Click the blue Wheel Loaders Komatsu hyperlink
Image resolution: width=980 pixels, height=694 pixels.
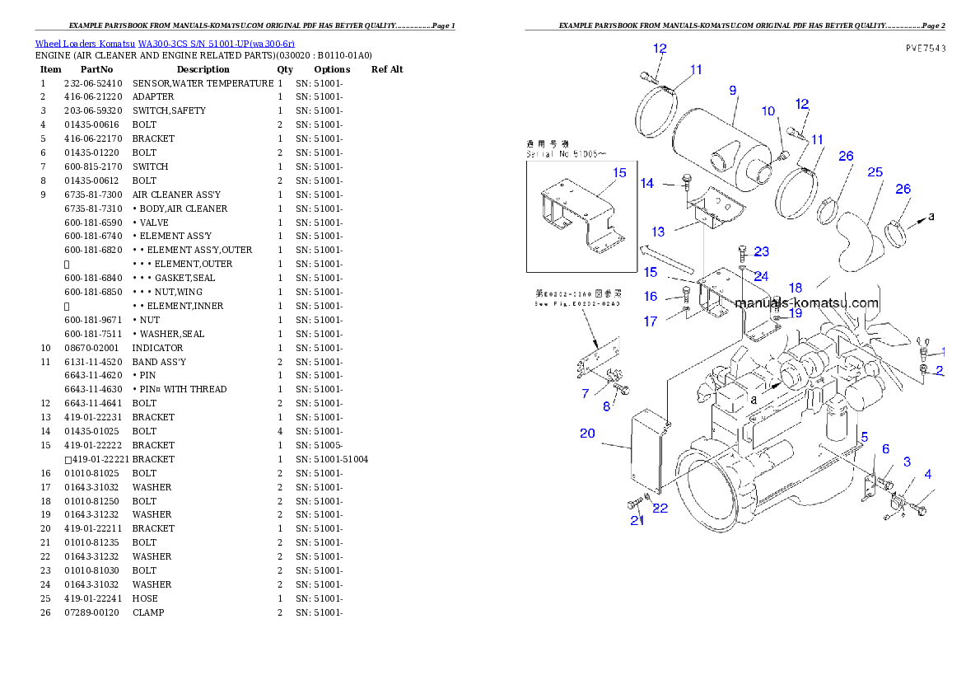pyautogui.click(x=165, y=44)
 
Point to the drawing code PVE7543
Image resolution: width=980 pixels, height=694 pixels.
pyautogui.click(x=925, y=49)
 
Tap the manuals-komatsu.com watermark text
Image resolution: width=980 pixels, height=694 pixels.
pyautogui.click(x=806, y=303)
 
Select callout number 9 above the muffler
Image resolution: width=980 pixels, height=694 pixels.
pyautogui.click(x=732, y=90)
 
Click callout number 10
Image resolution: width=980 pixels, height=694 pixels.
pyautogui.click(x=768, y=111)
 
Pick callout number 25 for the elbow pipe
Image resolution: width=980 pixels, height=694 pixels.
pyautogui.click(x=875, y=172)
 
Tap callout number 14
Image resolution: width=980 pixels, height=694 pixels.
pyautogui.click(x=647, y=183)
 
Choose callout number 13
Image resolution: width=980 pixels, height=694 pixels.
pyautogui.click(x=658, y=232)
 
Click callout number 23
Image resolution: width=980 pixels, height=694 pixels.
pyautogui.click(x=761, y=251)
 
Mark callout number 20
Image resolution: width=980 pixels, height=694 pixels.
pyautogui.click(x=587, y=434)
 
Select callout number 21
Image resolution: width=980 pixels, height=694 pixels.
pyautogui.click(x=637, y=520)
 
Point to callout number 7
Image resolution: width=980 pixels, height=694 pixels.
pyautogui.click(x=585, y=394)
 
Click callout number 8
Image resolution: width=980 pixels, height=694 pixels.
pyautogui.click(x=606, y=406)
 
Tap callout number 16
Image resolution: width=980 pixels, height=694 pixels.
pyautogui.click(x=651, y=297)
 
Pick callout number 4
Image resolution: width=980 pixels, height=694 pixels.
pyautogui.click(x=928, y=474)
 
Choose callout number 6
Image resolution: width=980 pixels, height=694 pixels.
pyautogui.click(x=886, y=449)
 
